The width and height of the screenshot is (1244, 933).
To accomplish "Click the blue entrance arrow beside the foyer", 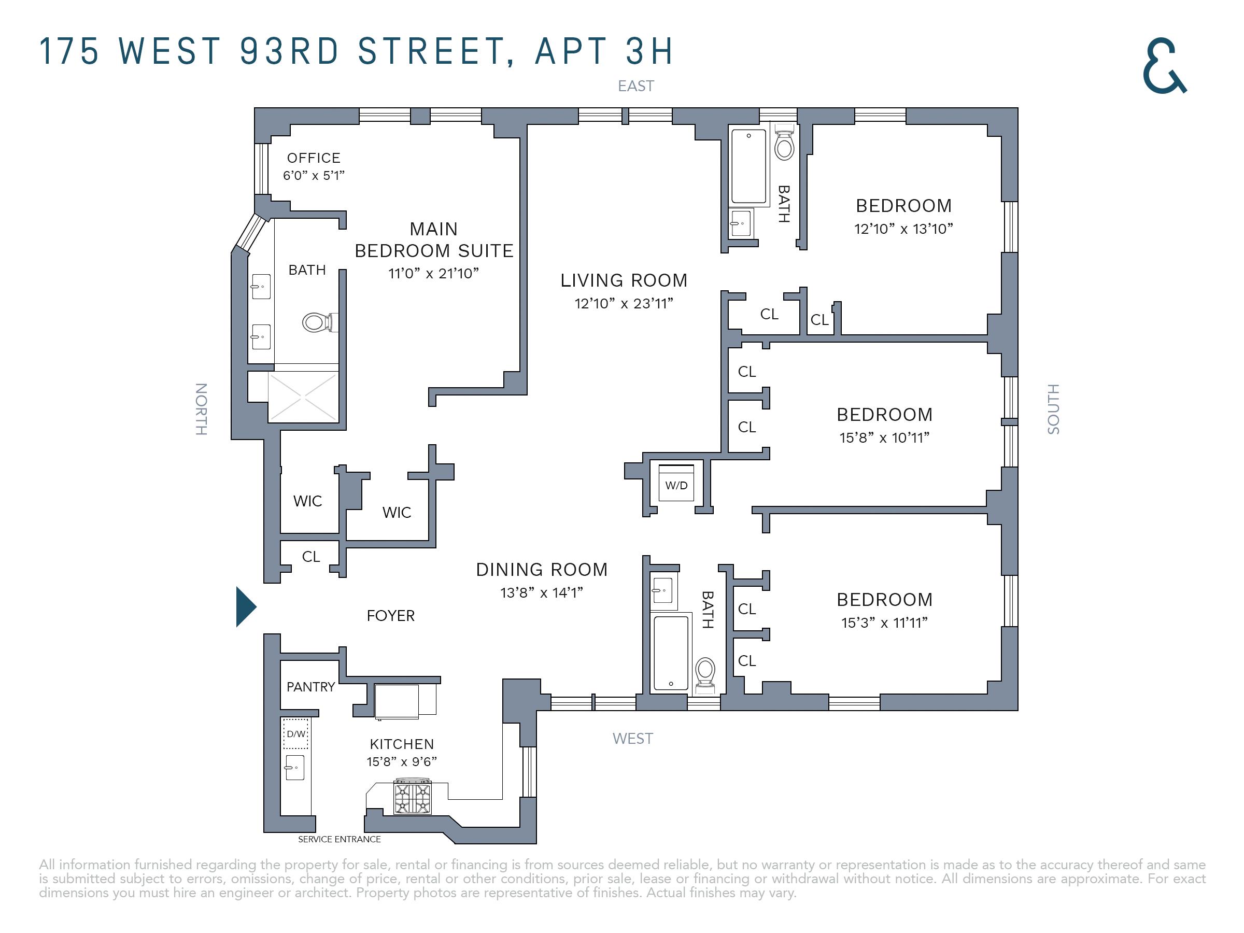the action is click(246, 606).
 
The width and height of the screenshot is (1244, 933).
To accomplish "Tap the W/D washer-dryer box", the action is click(676, 483).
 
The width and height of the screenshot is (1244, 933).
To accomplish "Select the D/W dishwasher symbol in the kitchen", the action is click(295, 733).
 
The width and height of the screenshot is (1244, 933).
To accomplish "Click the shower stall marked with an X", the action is click(303, 397).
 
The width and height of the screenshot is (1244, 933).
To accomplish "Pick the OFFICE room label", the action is click(314, 158).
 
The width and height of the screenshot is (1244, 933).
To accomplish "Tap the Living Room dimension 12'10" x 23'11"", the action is click(624, 304).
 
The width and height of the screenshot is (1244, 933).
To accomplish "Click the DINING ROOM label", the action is click(542, 570).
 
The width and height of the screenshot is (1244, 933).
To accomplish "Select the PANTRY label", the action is click(310, 687).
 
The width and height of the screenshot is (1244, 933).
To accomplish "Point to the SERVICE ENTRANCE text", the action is click(339, 839).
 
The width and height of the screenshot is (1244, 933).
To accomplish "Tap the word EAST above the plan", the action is click(635, 86).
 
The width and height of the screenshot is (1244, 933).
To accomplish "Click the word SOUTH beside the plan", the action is click(1053, 409).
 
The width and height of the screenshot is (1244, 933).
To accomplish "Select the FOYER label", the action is click(390, 616).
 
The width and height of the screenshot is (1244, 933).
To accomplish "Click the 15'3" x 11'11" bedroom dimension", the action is click(885, 623).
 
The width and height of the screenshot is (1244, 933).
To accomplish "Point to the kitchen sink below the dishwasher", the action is click(295, 768).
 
